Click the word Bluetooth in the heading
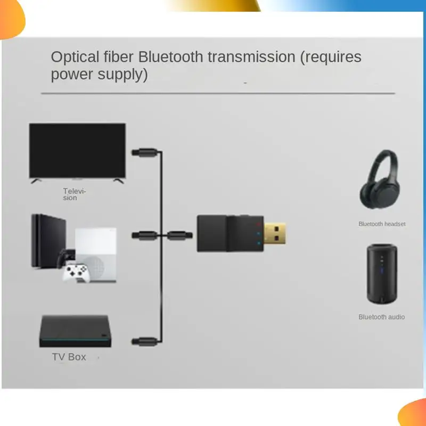click(x=170, y=57)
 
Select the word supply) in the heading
click(x=122, y=75)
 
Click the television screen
click(x=77, y=151)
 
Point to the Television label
click(x=74, y=194)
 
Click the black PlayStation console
click(x=49, y=241)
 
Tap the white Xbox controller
click(x=75, y=272)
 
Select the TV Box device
click(x=75, y=331)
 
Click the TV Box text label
click(x=69, y=357)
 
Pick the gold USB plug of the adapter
click(x=275, y=234)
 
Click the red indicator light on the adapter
click(x=258, y=224)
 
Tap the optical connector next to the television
click(x=145, y=152)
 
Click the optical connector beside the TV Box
click(x=145, y=341)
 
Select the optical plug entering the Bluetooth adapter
click(x=179, y=235)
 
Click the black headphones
click(x=380, y=179)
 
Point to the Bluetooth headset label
click(x=382, y=224)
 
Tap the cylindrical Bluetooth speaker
click(x=382, y=274)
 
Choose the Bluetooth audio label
click(x=381, y=317)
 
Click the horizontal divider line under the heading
click(x=218, y=93)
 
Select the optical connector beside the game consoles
click(x=145, y=235)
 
